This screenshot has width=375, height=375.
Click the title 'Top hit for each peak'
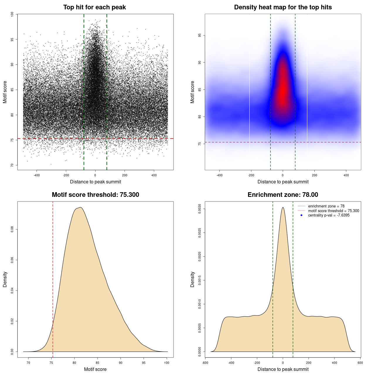[x=94, y=7]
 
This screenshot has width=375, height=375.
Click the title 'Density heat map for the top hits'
[x=283, y=7]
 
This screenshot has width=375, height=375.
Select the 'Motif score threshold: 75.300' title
[x=95, y=195]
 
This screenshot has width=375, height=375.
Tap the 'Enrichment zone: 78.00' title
[x=283, y=195]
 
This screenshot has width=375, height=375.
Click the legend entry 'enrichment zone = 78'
[x=326, y=206]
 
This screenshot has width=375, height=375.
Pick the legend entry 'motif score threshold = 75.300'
[x=333, y=211]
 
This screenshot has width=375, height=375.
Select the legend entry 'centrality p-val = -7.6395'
[x=329, y=215]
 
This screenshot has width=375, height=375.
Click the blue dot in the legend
[x=301, y=215]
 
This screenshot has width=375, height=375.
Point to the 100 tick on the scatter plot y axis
[x=12, y=14]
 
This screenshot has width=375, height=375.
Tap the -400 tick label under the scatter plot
[x=37, y=175]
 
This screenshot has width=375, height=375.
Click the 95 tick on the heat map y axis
[x=200, y=35]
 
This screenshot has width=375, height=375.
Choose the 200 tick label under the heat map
[x=314, y=175]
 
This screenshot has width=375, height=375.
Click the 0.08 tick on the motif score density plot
[x=12, y=229]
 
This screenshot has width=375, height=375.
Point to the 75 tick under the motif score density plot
[x=51, y=363]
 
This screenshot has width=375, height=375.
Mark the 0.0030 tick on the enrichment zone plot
[x=200, y=209]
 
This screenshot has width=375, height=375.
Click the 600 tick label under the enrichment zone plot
[x=360, y=363]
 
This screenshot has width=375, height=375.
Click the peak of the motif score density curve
[x=80, y=207]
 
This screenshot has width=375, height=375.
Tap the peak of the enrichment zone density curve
[x=283, y=207]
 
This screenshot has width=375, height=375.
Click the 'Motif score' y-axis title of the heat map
[x=192, y=92]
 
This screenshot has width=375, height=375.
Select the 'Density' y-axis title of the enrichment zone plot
[x=192, y=279]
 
